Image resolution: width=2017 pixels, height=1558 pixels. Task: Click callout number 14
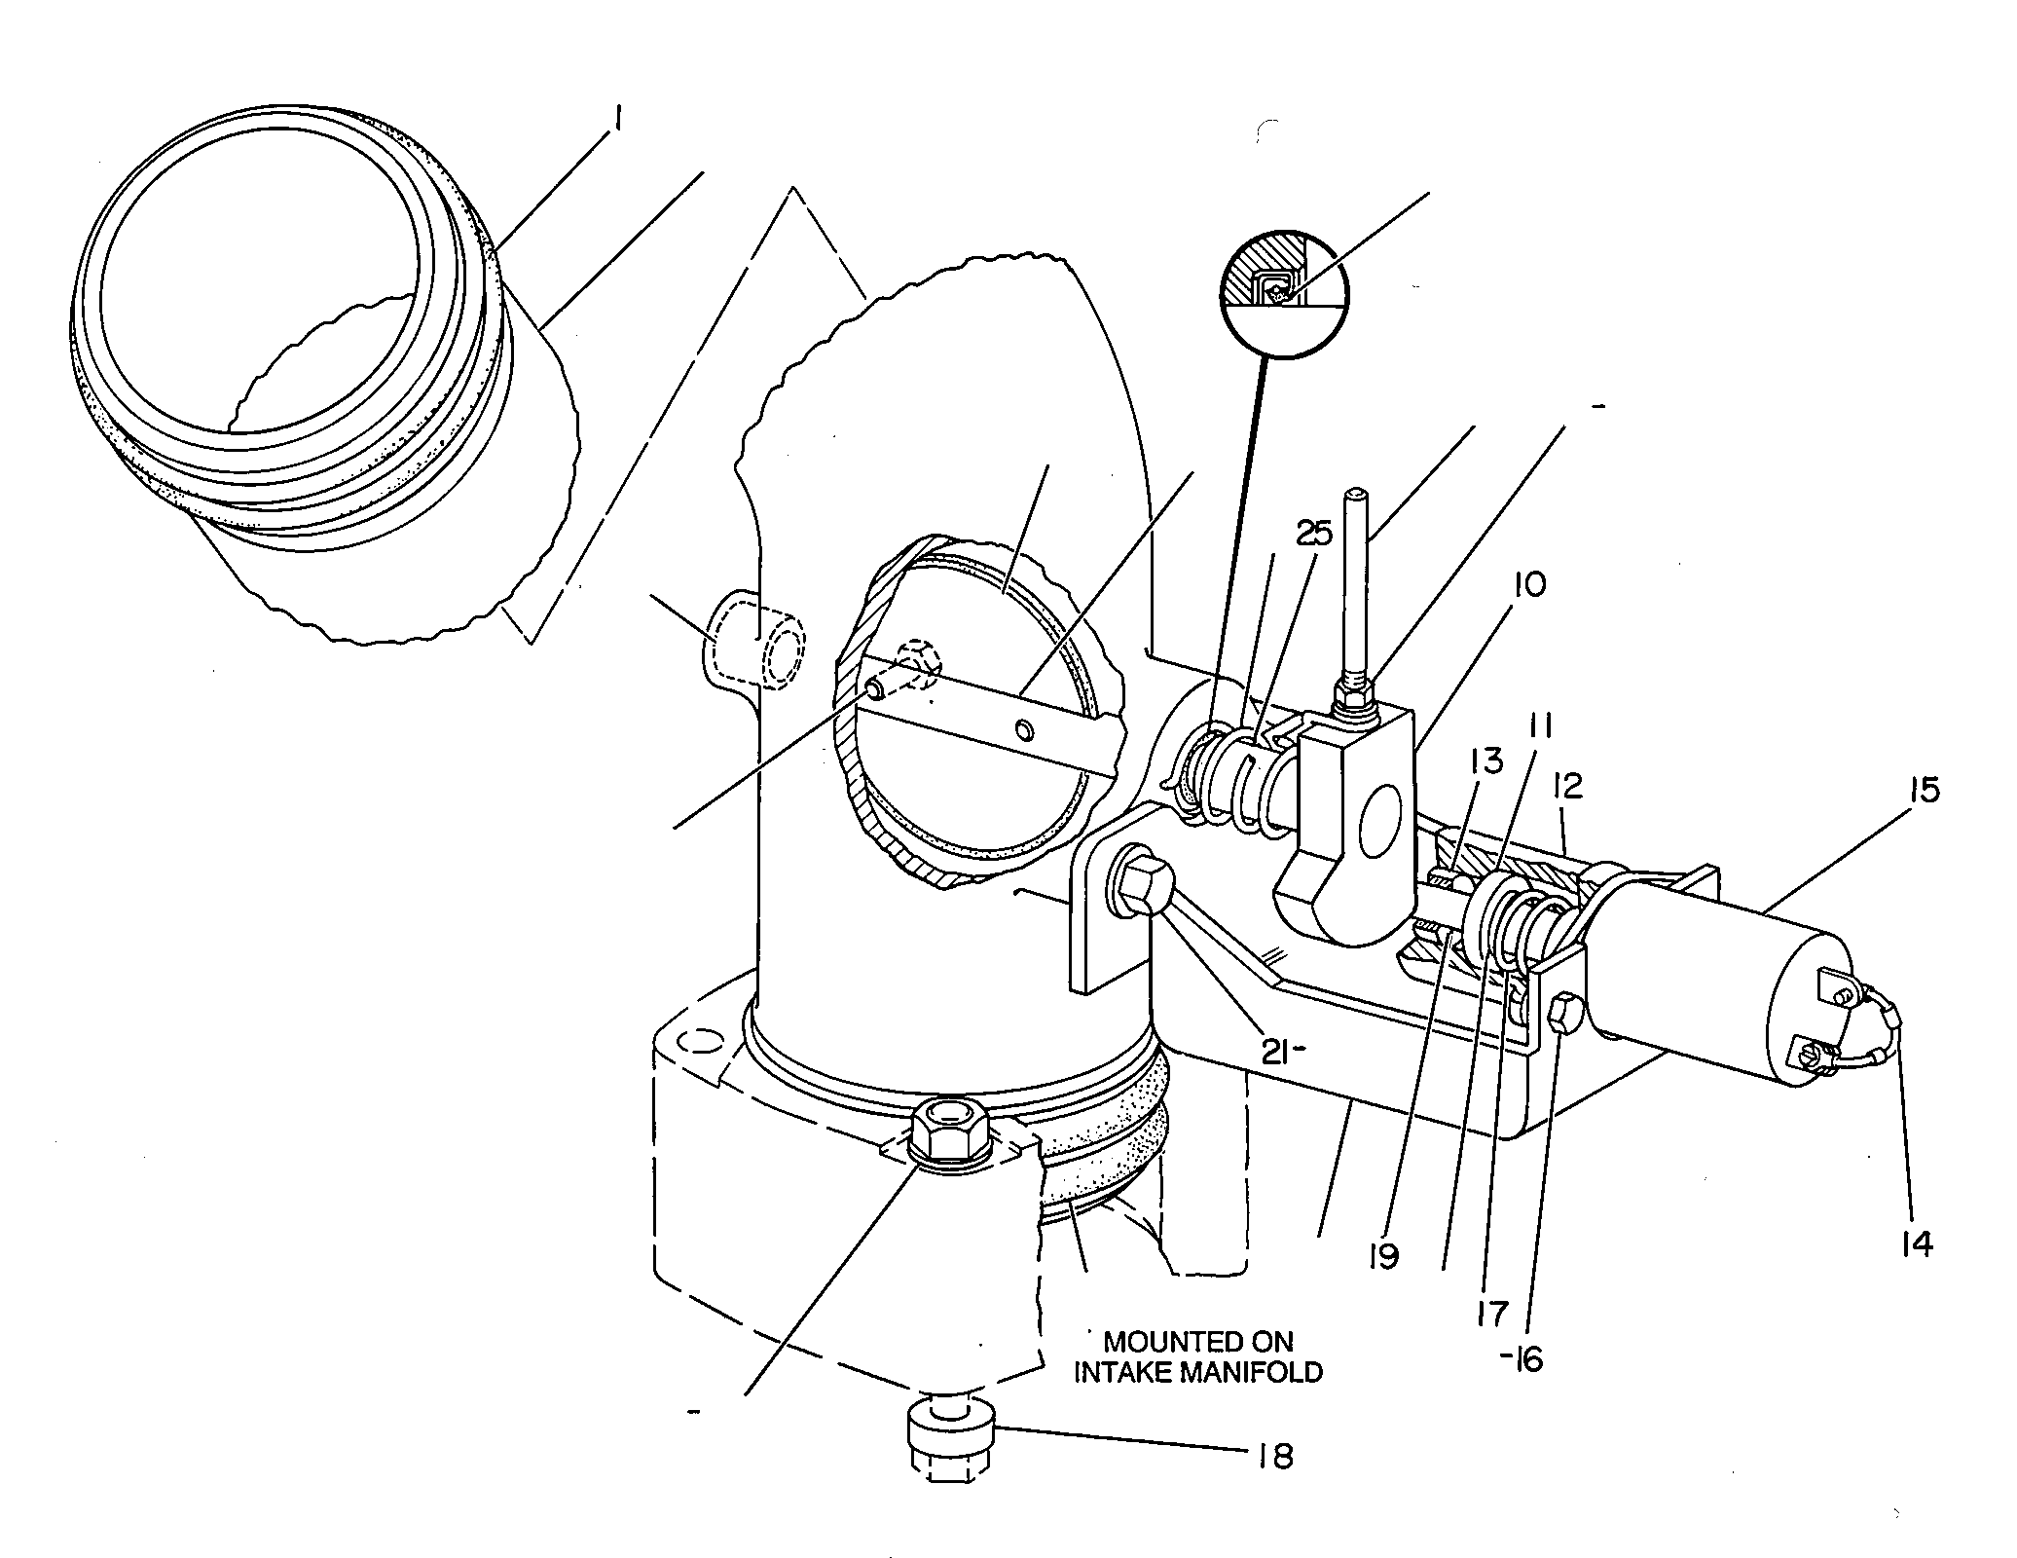tap(1916, 1243)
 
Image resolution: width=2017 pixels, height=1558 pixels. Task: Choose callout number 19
tap(1382, 1256)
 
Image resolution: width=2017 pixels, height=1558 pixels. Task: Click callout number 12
tap(1569, 785)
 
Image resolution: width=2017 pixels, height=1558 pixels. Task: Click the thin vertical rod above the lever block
tap(1354, 580)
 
